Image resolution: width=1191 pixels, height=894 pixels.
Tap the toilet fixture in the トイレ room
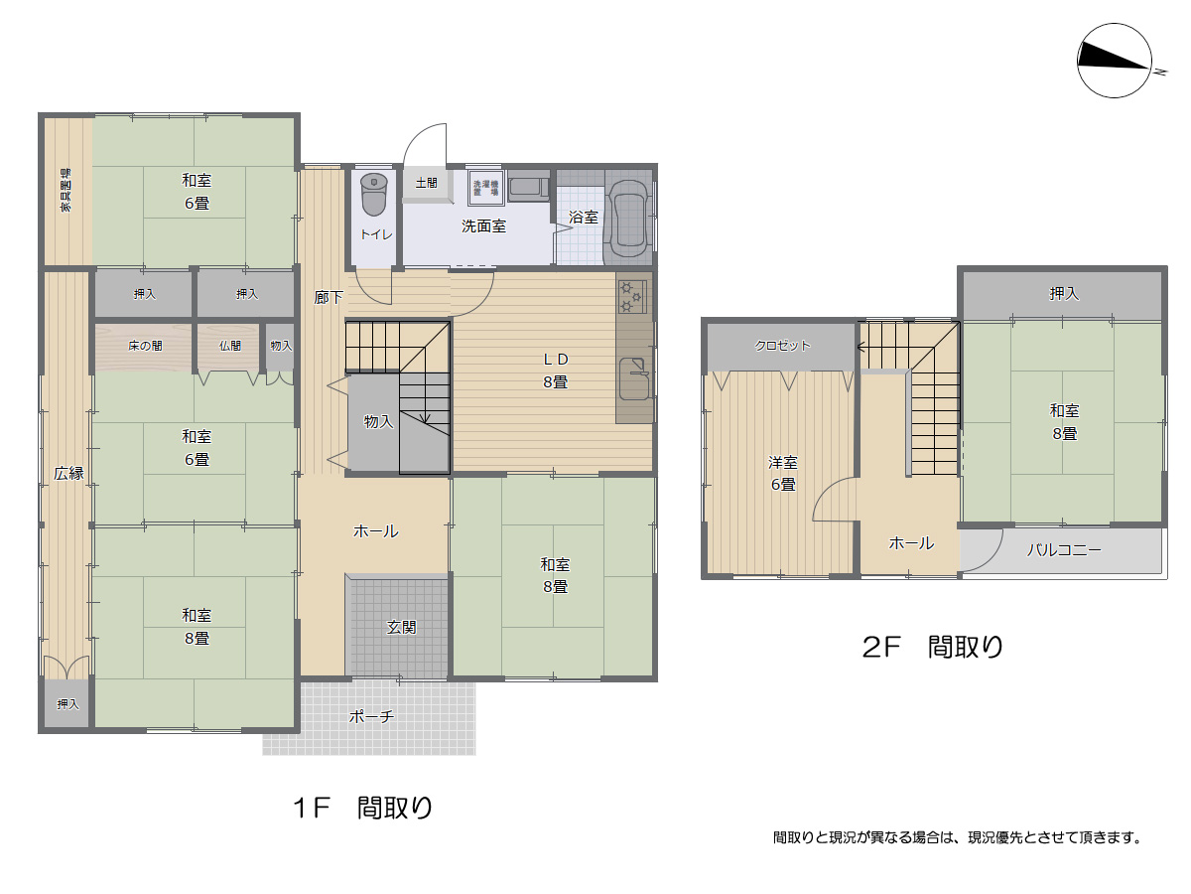tap(373, 194)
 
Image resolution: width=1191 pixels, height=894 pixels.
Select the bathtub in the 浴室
tap(627, 220)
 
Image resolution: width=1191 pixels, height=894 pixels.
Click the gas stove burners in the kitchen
tap(632, 296)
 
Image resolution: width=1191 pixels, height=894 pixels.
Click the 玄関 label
tap(401, 627)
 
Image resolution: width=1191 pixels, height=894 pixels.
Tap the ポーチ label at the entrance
tap(372, 716)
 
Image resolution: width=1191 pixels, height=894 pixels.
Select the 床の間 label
tap(145, 346)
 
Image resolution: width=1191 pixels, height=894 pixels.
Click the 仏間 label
tap(229, 346)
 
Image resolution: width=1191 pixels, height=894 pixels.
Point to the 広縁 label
tap(68, 474)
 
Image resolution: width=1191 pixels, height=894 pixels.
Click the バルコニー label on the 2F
tap(1063, 549)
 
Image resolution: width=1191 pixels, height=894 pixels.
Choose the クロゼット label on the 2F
tap(782, 346)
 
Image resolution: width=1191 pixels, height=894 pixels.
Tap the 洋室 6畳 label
tap(782, 474)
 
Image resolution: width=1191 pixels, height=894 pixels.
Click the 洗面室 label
tap(483, 226)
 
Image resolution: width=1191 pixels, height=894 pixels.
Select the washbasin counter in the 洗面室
tap(528, 188)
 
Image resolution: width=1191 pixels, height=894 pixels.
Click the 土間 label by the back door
tap(426, 184)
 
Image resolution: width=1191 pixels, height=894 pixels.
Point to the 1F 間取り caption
tap(363, 808)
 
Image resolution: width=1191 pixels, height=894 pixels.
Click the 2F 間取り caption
tap(932, 648)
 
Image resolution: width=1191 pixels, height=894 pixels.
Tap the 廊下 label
tap(329, 297)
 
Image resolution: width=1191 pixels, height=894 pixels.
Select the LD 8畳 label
tap(554, 371)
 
